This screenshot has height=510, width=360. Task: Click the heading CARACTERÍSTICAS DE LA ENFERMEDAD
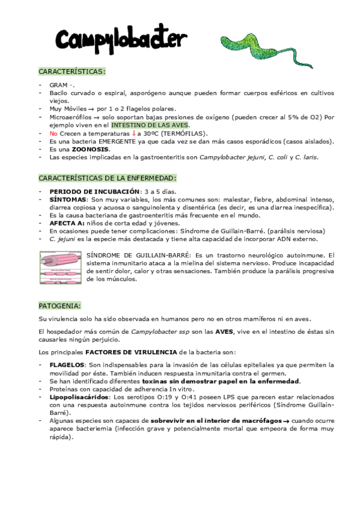(108, 178)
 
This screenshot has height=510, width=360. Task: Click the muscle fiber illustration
(60, 267)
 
